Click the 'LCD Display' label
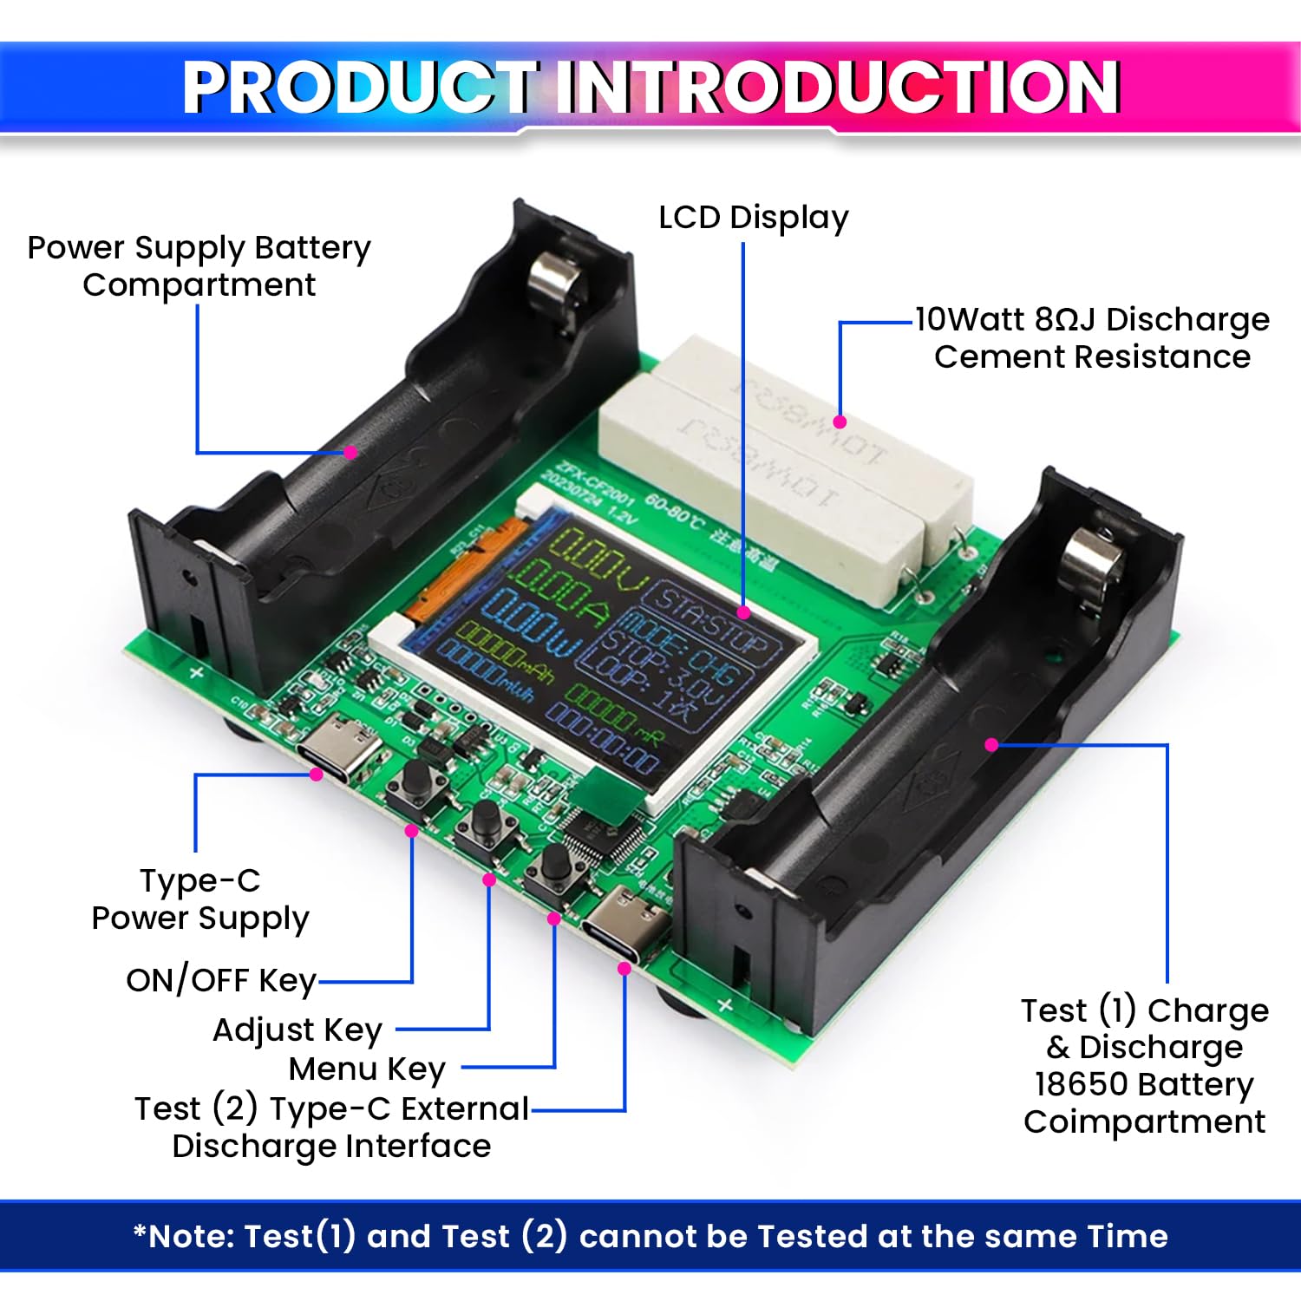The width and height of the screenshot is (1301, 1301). coord(753,219)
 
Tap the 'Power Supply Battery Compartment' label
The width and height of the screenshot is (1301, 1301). coord(199,266)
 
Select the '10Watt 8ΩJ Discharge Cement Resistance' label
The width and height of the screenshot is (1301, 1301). coord(1092,338)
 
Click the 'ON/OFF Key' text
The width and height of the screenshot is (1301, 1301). coord(221,980)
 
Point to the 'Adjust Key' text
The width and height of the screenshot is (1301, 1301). coord(297,1030)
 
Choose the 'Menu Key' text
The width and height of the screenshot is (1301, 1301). coord(367,1069)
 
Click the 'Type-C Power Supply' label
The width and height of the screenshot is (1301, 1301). coord(200,899)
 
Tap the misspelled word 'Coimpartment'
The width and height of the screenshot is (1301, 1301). coord(1144,1121)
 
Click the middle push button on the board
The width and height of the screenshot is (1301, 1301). coord(486,823)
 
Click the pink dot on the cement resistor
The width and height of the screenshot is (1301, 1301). coord(839,422)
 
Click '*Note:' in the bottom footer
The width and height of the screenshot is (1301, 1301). coord(186,1236)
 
